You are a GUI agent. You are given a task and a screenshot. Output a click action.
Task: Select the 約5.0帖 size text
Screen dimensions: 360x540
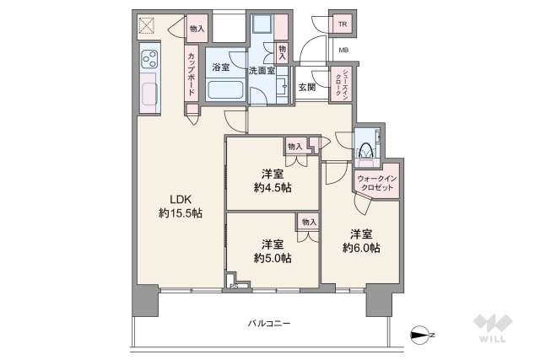(x=272, y=257)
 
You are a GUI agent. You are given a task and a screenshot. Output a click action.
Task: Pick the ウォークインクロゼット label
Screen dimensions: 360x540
(x=375, y=184)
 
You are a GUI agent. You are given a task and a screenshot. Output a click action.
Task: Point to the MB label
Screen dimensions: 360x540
(x=343, y=51)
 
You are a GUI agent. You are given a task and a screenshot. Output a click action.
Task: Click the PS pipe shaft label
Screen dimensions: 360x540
(x=233, y=288)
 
